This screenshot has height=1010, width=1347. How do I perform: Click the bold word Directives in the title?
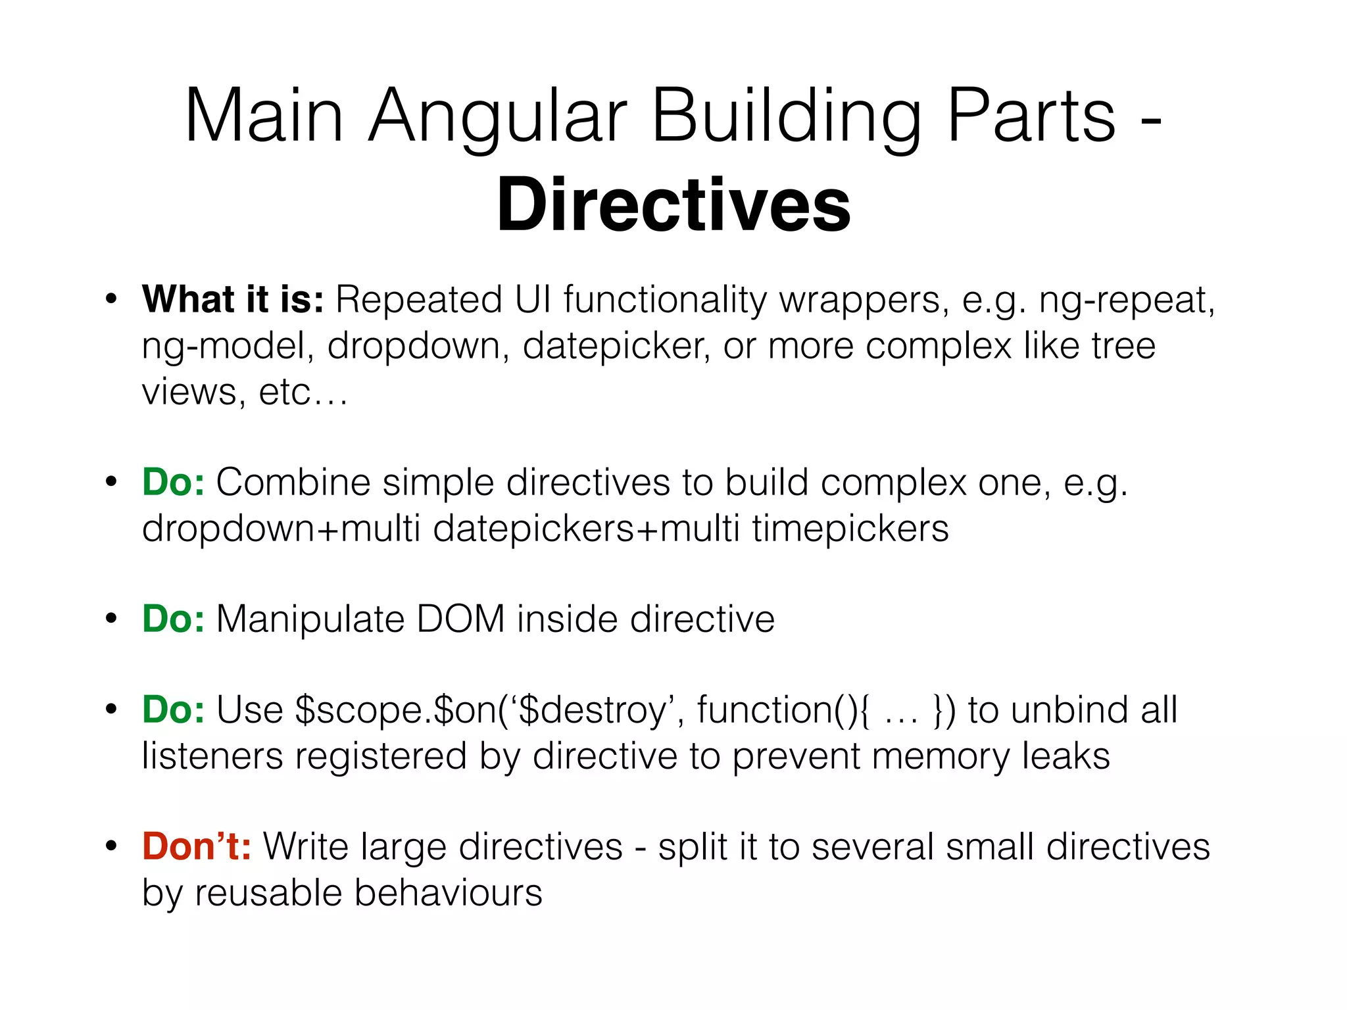673,205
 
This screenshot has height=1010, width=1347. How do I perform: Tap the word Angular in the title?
497,116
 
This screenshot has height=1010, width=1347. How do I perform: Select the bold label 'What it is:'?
233,299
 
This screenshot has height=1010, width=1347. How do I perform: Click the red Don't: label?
197,846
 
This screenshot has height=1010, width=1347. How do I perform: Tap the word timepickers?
850,528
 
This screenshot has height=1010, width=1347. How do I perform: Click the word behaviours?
449,893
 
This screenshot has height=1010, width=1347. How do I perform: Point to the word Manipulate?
310,620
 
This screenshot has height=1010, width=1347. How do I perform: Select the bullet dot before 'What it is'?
111,299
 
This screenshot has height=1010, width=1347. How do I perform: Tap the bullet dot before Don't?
111,846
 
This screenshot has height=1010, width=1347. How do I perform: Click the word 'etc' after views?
285,393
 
